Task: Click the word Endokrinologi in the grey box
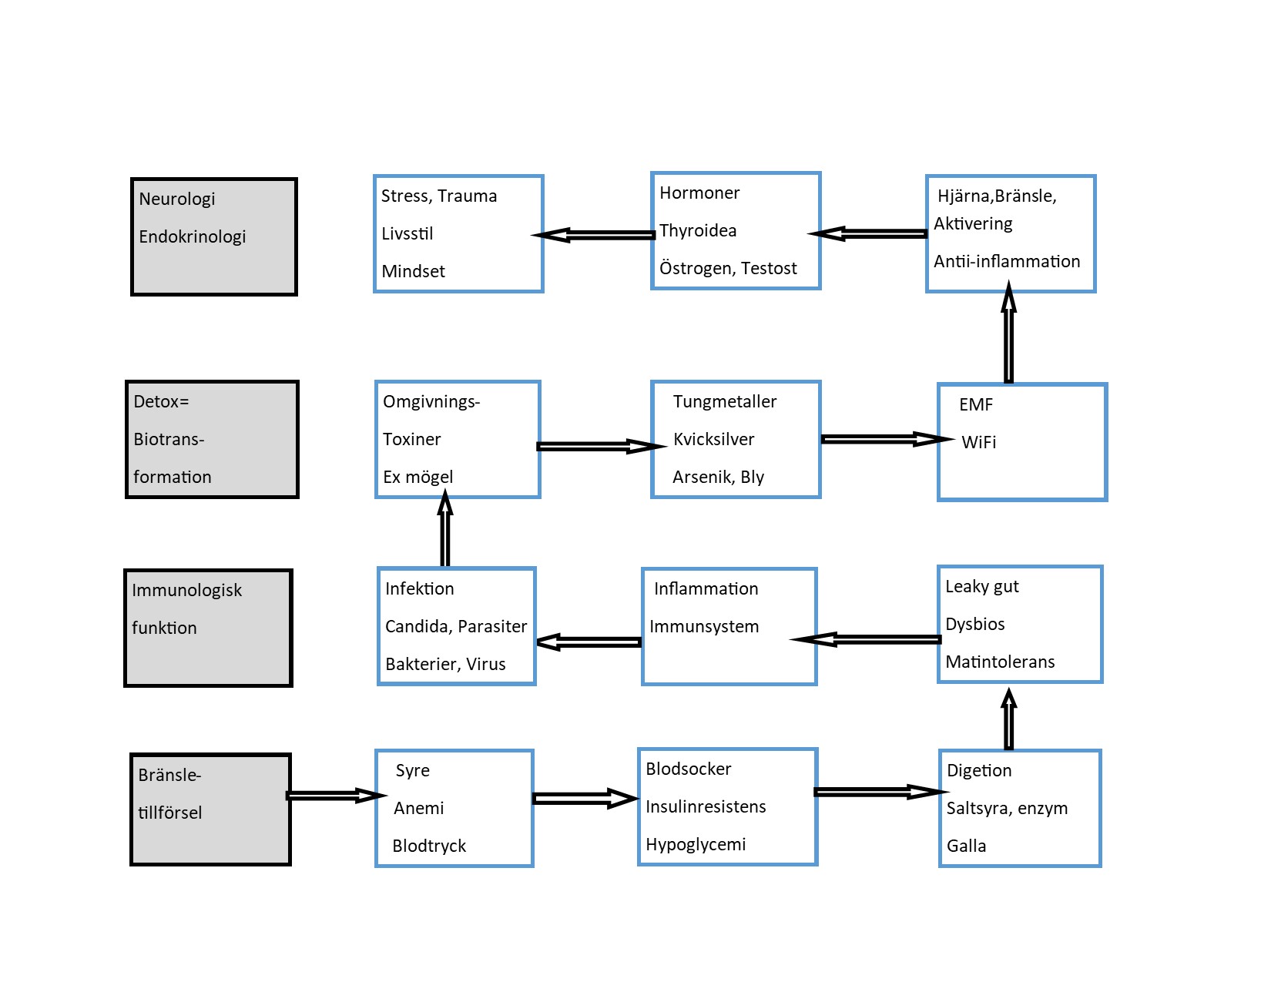pyautogui.click(x=192, y=237)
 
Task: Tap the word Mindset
pyautogui.click(x=413, y=271)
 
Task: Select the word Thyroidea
pyautogui.click(x=698, y=231)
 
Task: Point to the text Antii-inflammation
pyautogui.click(x=1007, y=261)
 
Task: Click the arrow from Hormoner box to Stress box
pyautogui.click(x=593, y=235)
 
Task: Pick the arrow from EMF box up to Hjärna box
pyautogui.click(x=1008, y=332)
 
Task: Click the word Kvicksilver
pyautogui.click(x=713, y=439)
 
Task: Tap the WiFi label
pyautogui.click(x=978, y=442)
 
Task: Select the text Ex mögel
pyautogui.click(x=418, y=478)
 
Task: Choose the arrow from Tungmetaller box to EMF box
pyautogui.click(x=887, y=439)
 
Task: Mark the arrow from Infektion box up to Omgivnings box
pyautogui.click(x=445, y=528)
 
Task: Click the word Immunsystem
pyautogui.click(x=704, y=626)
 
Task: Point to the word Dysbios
pyautogui.click(x=975, y=624)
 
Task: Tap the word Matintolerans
pyautogui.click(x=1000, y=662)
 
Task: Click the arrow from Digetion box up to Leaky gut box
pyautogui.click(x=1008, y=719)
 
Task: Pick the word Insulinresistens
pyautogui.click(x=706, y=806)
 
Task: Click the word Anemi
pyautogui.click(x=419, y=808)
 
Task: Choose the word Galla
pyautogui.click(x=966, y=846)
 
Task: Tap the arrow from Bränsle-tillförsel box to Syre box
pyautogui.click(x=336, y=796)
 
